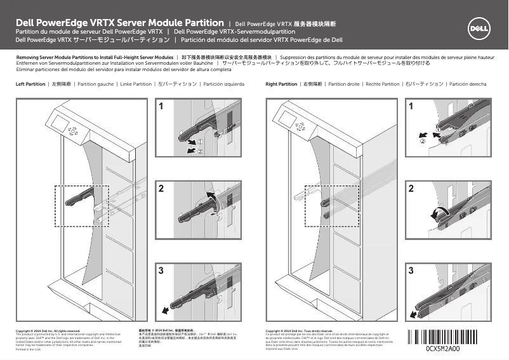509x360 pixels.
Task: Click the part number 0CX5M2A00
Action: [447, 348]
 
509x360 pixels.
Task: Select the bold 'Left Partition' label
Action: [30, 84]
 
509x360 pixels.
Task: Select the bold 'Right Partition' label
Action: [281, 84]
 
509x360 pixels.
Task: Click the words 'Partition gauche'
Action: [90, 84]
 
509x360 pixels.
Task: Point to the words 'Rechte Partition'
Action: [382, 84]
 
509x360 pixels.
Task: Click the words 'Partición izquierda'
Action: [223, 84]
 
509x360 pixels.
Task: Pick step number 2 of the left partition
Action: [162, 189]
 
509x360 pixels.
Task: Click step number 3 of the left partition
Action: [162, 271]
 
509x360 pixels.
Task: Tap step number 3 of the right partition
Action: [412, 271]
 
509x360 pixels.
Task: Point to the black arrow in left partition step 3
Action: [166, 310]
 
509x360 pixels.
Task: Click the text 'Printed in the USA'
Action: [28, 349]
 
